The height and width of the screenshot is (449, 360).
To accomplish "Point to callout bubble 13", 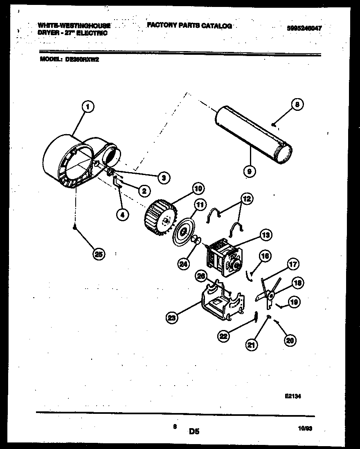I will (265, 235).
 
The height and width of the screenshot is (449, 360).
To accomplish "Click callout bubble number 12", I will (247, 199).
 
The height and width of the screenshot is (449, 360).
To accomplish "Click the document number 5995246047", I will (304, 28).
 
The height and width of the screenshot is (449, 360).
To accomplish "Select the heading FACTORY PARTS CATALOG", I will (189, 25).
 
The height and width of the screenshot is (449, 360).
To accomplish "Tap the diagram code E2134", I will (293, 396).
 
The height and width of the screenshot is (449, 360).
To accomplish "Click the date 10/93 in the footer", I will (305, 429).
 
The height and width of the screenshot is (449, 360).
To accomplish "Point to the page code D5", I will (194, 431).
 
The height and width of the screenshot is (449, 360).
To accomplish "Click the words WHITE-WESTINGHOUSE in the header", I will (75, 25).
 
